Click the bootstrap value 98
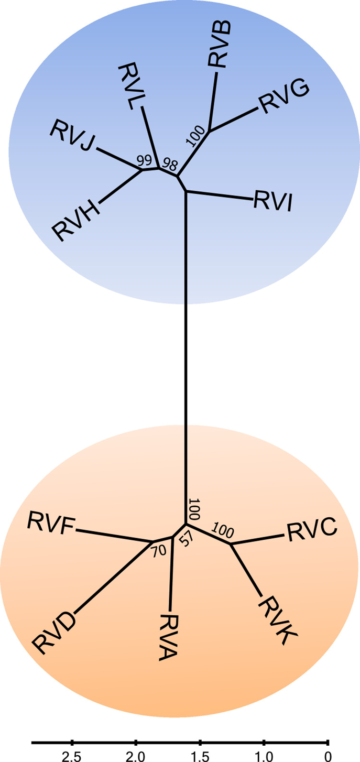click(x=169, y=163)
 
